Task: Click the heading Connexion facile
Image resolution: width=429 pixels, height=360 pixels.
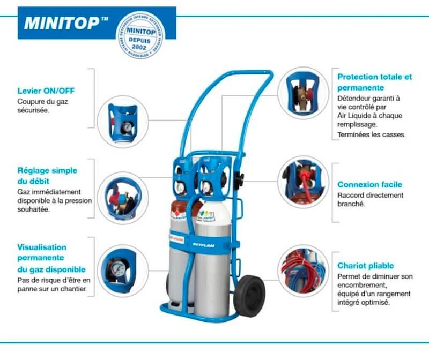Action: point(369,184)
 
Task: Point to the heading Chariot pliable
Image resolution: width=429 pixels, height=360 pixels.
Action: point(366,266)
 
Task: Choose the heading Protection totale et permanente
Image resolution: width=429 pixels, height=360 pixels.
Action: point(375,82)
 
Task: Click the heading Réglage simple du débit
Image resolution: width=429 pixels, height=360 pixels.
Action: point(47,176)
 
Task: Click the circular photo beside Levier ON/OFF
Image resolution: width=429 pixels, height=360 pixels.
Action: point(121,121)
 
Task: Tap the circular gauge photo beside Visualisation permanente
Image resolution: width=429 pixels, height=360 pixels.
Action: point(121,268)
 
